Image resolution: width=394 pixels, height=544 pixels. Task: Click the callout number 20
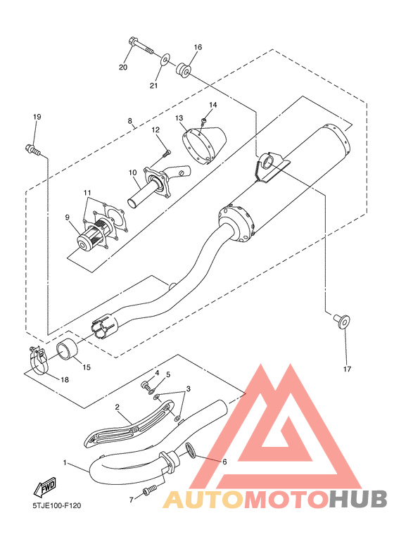point(123,67)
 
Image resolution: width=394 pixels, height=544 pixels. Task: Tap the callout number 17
point(347,369)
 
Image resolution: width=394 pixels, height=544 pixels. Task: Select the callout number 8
point(129,121)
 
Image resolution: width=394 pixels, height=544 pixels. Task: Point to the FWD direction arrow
point(45,488)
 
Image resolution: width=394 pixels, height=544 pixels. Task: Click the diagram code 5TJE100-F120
point(57,506)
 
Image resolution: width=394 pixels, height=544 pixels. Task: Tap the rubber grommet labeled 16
point(183,70)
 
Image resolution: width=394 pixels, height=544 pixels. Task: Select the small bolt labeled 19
point(32,149)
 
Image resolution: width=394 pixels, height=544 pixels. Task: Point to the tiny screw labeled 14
point(203,121)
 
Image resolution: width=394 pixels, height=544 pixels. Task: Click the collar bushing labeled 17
point(342,321)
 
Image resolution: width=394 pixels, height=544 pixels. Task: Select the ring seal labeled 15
point(66,350)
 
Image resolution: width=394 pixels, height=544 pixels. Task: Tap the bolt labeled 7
point(150,491)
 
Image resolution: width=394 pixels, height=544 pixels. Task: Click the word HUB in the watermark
point(358,498)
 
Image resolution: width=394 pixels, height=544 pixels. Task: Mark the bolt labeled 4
point(146,385)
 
